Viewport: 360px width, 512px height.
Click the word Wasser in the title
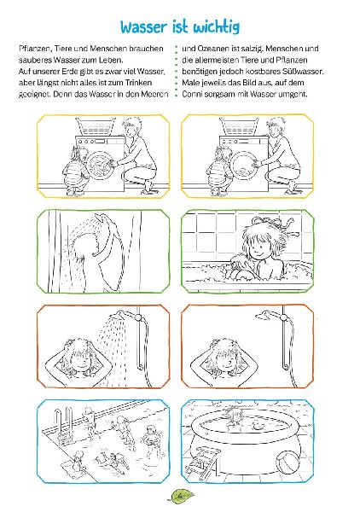(148, 28)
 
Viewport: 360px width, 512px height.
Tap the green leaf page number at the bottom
(180, 494)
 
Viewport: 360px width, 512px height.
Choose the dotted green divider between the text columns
(176, 73)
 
